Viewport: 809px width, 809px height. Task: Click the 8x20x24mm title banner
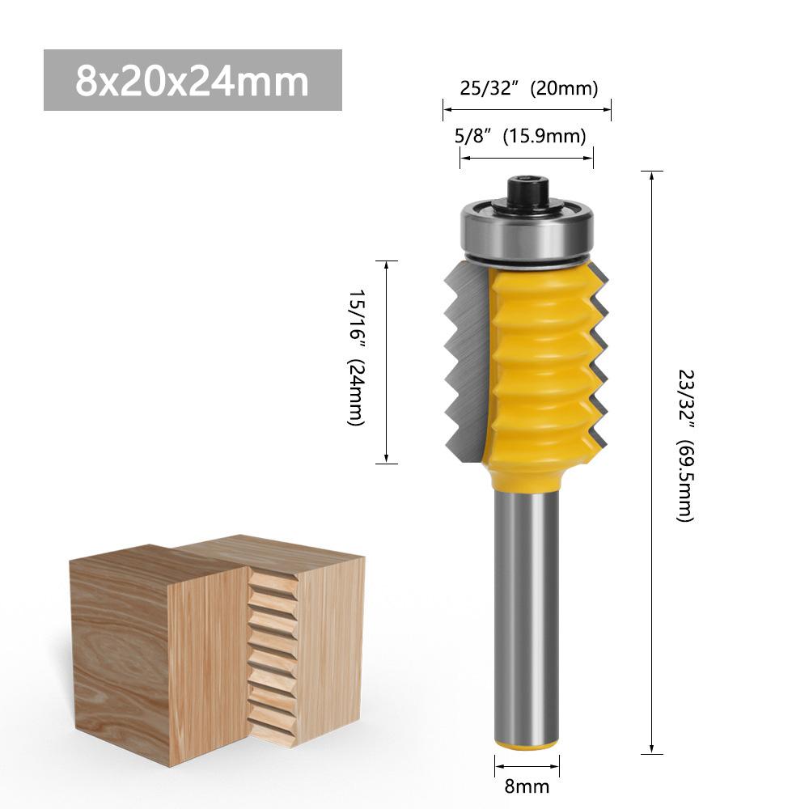(193, 80)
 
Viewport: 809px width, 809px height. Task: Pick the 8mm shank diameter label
(527, 786)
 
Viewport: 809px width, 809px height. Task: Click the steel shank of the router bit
(526, 607)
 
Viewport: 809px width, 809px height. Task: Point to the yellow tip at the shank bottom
(526, 742)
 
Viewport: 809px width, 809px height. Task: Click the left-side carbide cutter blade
(463, 364)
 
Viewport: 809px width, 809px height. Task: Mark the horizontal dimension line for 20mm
(527, 105)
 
